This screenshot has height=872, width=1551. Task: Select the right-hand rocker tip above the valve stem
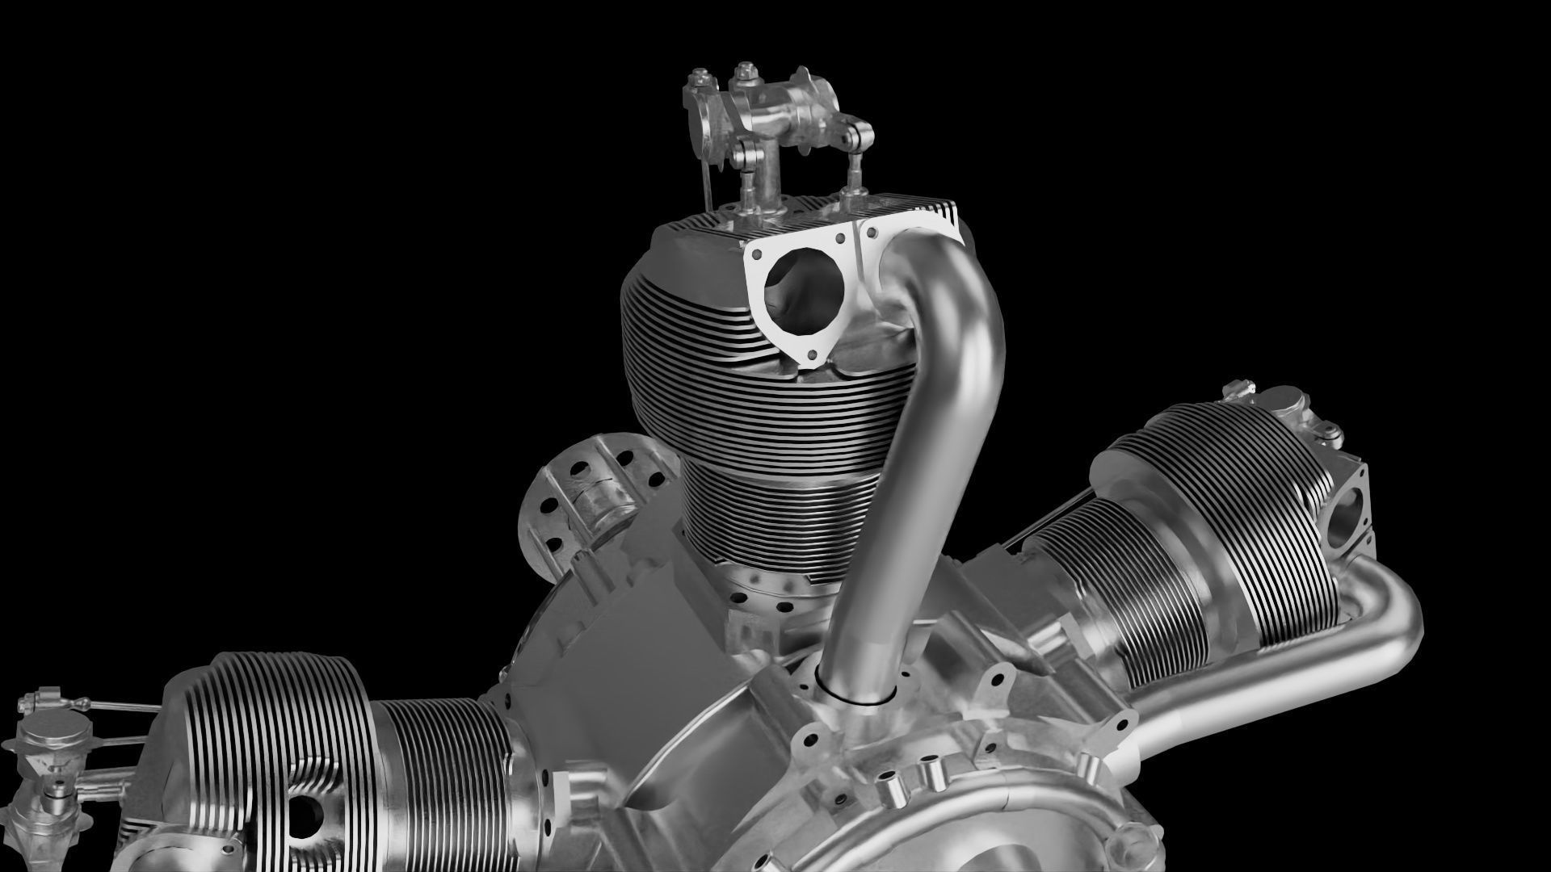pyautogui.click(x=860, y=133)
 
